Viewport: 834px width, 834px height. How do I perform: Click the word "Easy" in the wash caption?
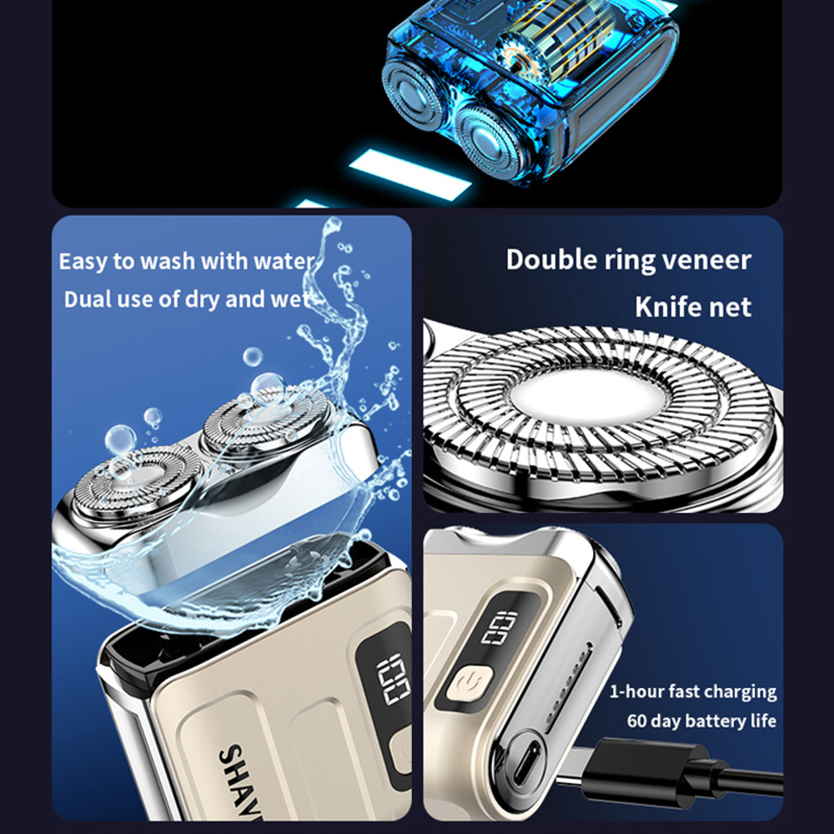83,262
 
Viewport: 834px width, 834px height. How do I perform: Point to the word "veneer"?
707,259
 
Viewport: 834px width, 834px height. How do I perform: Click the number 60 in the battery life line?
638,721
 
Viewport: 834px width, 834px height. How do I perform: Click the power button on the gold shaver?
465,685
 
